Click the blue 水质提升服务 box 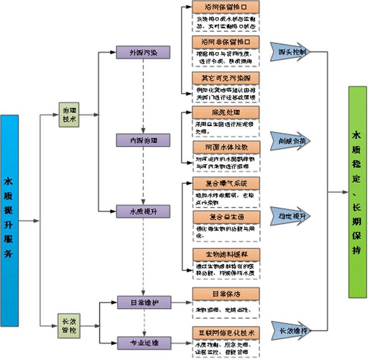click(x=10, y=221)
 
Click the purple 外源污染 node click(x=143, y=52)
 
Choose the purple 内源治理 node click(x=143, y=140)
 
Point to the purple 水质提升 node click(x=143, y=211)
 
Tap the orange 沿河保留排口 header click(x=226, y=7)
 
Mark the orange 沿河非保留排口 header click(x=226, y=42)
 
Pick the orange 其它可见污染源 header click(x=226, y=77)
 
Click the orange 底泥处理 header click(x=226, y=112)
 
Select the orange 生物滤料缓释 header click(x=226, y=254)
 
